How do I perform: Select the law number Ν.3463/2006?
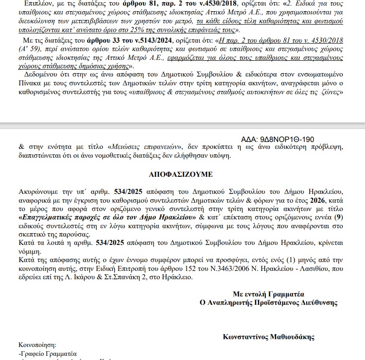[182, 269]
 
